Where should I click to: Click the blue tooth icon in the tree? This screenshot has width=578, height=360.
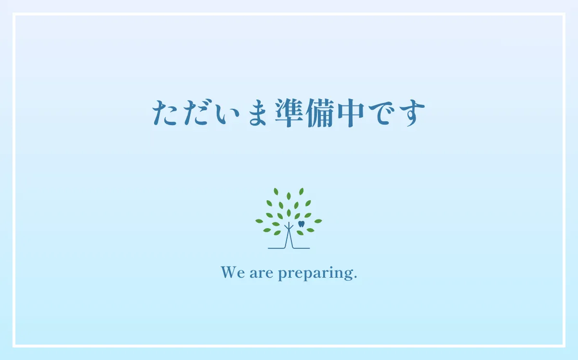tap(302, 224)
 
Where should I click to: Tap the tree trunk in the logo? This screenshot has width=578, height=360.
tap(289, 238)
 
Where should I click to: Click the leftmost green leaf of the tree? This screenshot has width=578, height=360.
tap(259, 221)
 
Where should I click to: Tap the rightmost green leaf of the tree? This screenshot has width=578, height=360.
tap(318, 221)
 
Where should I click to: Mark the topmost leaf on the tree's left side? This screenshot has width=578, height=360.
tap(276, 192)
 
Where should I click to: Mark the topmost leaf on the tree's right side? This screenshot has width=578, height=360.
tap(302, 192)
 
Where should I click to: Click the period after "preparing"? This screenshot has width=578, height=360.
tap(355, 278)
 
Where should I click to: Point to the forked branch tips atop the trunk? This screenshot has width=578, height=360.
tap(289, 225)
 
